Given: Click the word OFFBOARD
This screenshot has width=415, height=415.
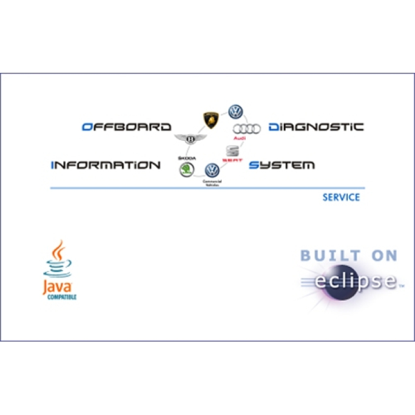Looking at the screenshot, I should [126, 127].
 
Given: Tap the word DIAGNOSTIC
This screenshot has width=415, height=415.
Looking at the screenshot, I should [315, 127].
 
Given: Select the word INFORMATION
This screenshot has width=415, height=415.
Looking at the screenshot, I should [106, 165].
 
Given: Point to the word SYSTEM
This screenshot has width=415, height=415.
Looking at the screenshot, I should [282, 165].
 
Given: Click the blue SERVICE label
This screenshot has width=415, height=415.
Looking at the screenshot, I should [341, 197].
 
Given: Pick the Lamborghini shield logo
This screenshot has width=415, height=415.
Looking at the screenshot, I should [210, 119].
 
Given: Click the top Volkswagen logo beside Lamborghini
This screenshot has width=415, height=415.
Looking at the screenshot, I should [235, 112].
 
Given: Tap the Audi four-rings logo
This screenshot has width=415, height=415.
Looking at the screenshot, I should [246, 129].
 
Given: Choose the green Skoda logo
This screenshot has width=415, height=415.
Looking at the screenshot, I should [186, 169].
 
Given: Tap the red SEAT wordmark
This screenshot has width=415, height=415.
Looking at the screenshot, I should [232, 160].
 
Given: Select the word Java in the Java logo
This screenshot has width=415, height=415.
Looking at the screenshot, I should [58, 287].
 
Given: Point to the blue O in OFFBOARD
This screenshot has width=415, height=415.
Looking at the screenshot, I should [86, 127].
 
